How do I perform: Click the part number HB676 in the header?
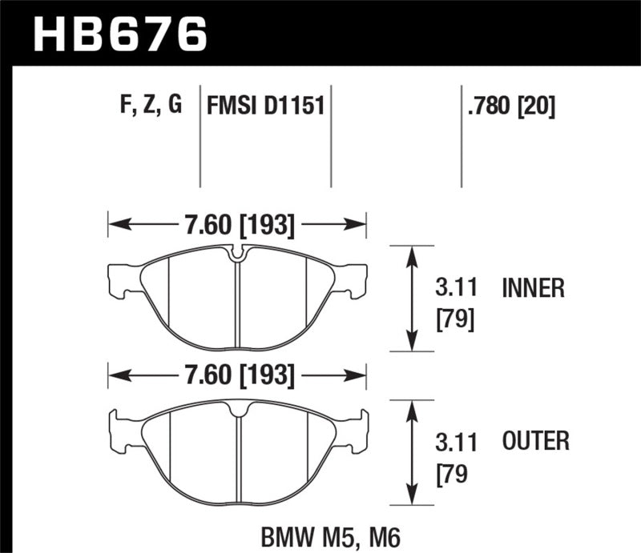[118, 34]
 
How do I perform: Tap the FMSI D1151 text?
[265, 105]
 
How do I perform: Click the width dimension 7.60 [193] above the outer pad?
[239, 375]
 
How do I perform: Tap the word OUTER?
[535, 440]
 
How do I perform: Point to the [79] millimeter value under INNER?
[455, 319]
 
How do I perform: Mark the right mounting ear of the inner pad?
[357, 280]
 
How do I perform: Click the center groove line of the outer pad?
[239, 460]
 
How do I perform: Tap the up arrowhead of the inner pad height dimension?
[412, 254]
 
